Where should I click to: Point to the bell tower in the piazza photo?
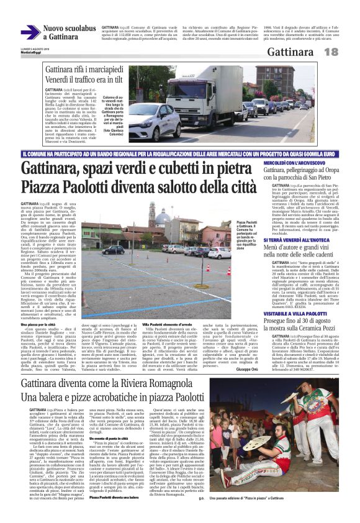pyautogui.click(x=151, y=214)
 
